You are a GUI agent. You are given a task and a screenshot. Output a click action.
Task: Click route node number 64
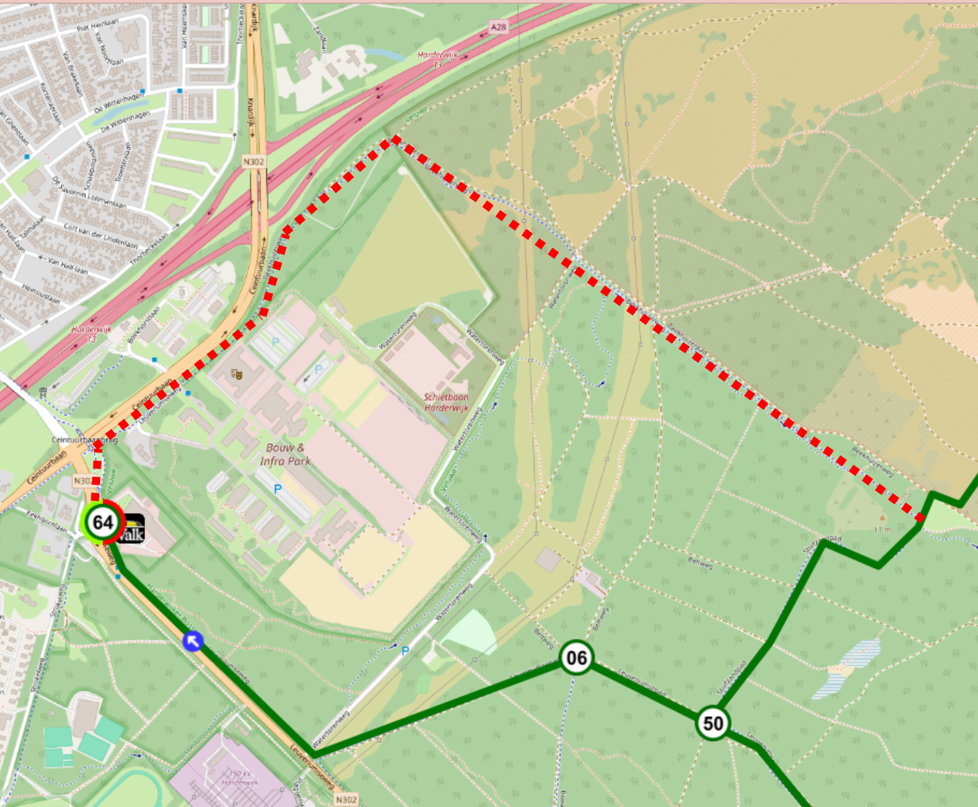click(102, 522)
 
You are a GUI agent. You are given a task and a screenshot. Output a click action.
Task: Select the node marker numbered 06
click(576, 657)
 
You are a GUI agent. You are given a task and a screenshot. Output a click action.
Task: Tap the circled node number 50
click(712, 723)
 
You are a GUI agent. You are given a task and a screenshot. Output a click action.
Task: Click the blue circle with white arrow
click(193, 641)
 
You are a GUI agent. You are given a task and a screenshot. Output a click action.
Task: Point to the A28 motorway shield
click(498, 27)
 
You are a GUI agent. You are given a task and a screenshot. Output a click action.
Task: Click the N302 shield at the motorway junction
click(253, 161)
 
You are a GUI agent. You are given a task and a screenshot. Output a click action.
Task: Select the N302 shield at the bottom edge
click(345, 799)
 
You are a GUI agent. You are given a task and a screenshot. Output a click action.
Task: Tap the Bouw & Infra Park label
click(285, 455)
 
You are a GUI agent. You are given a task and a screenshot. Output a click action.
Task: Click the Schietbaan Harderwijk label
click(446, 402)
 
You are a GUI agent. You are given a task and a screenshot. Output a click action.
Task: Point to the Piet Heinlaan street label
click(97, 26)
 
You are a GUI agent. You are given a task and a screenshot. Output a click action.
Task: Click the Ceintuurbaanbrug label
click(85, 439)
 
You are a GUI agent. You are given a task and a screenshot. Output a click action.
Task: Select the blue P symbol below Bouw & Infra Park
click(278, 490)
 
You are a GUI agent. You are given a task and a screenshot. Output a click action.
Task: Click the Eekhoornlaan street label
click(47, 521)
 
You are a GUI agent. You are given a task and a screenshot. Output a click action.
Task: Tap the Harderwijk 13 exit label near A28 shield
click(438, 59)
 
